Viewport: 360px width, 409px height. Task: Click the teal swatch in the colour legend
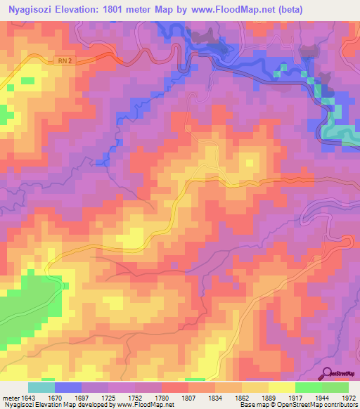coord(41,388)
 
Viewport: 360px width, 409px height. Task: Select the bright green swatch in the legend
coord(309,388)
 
